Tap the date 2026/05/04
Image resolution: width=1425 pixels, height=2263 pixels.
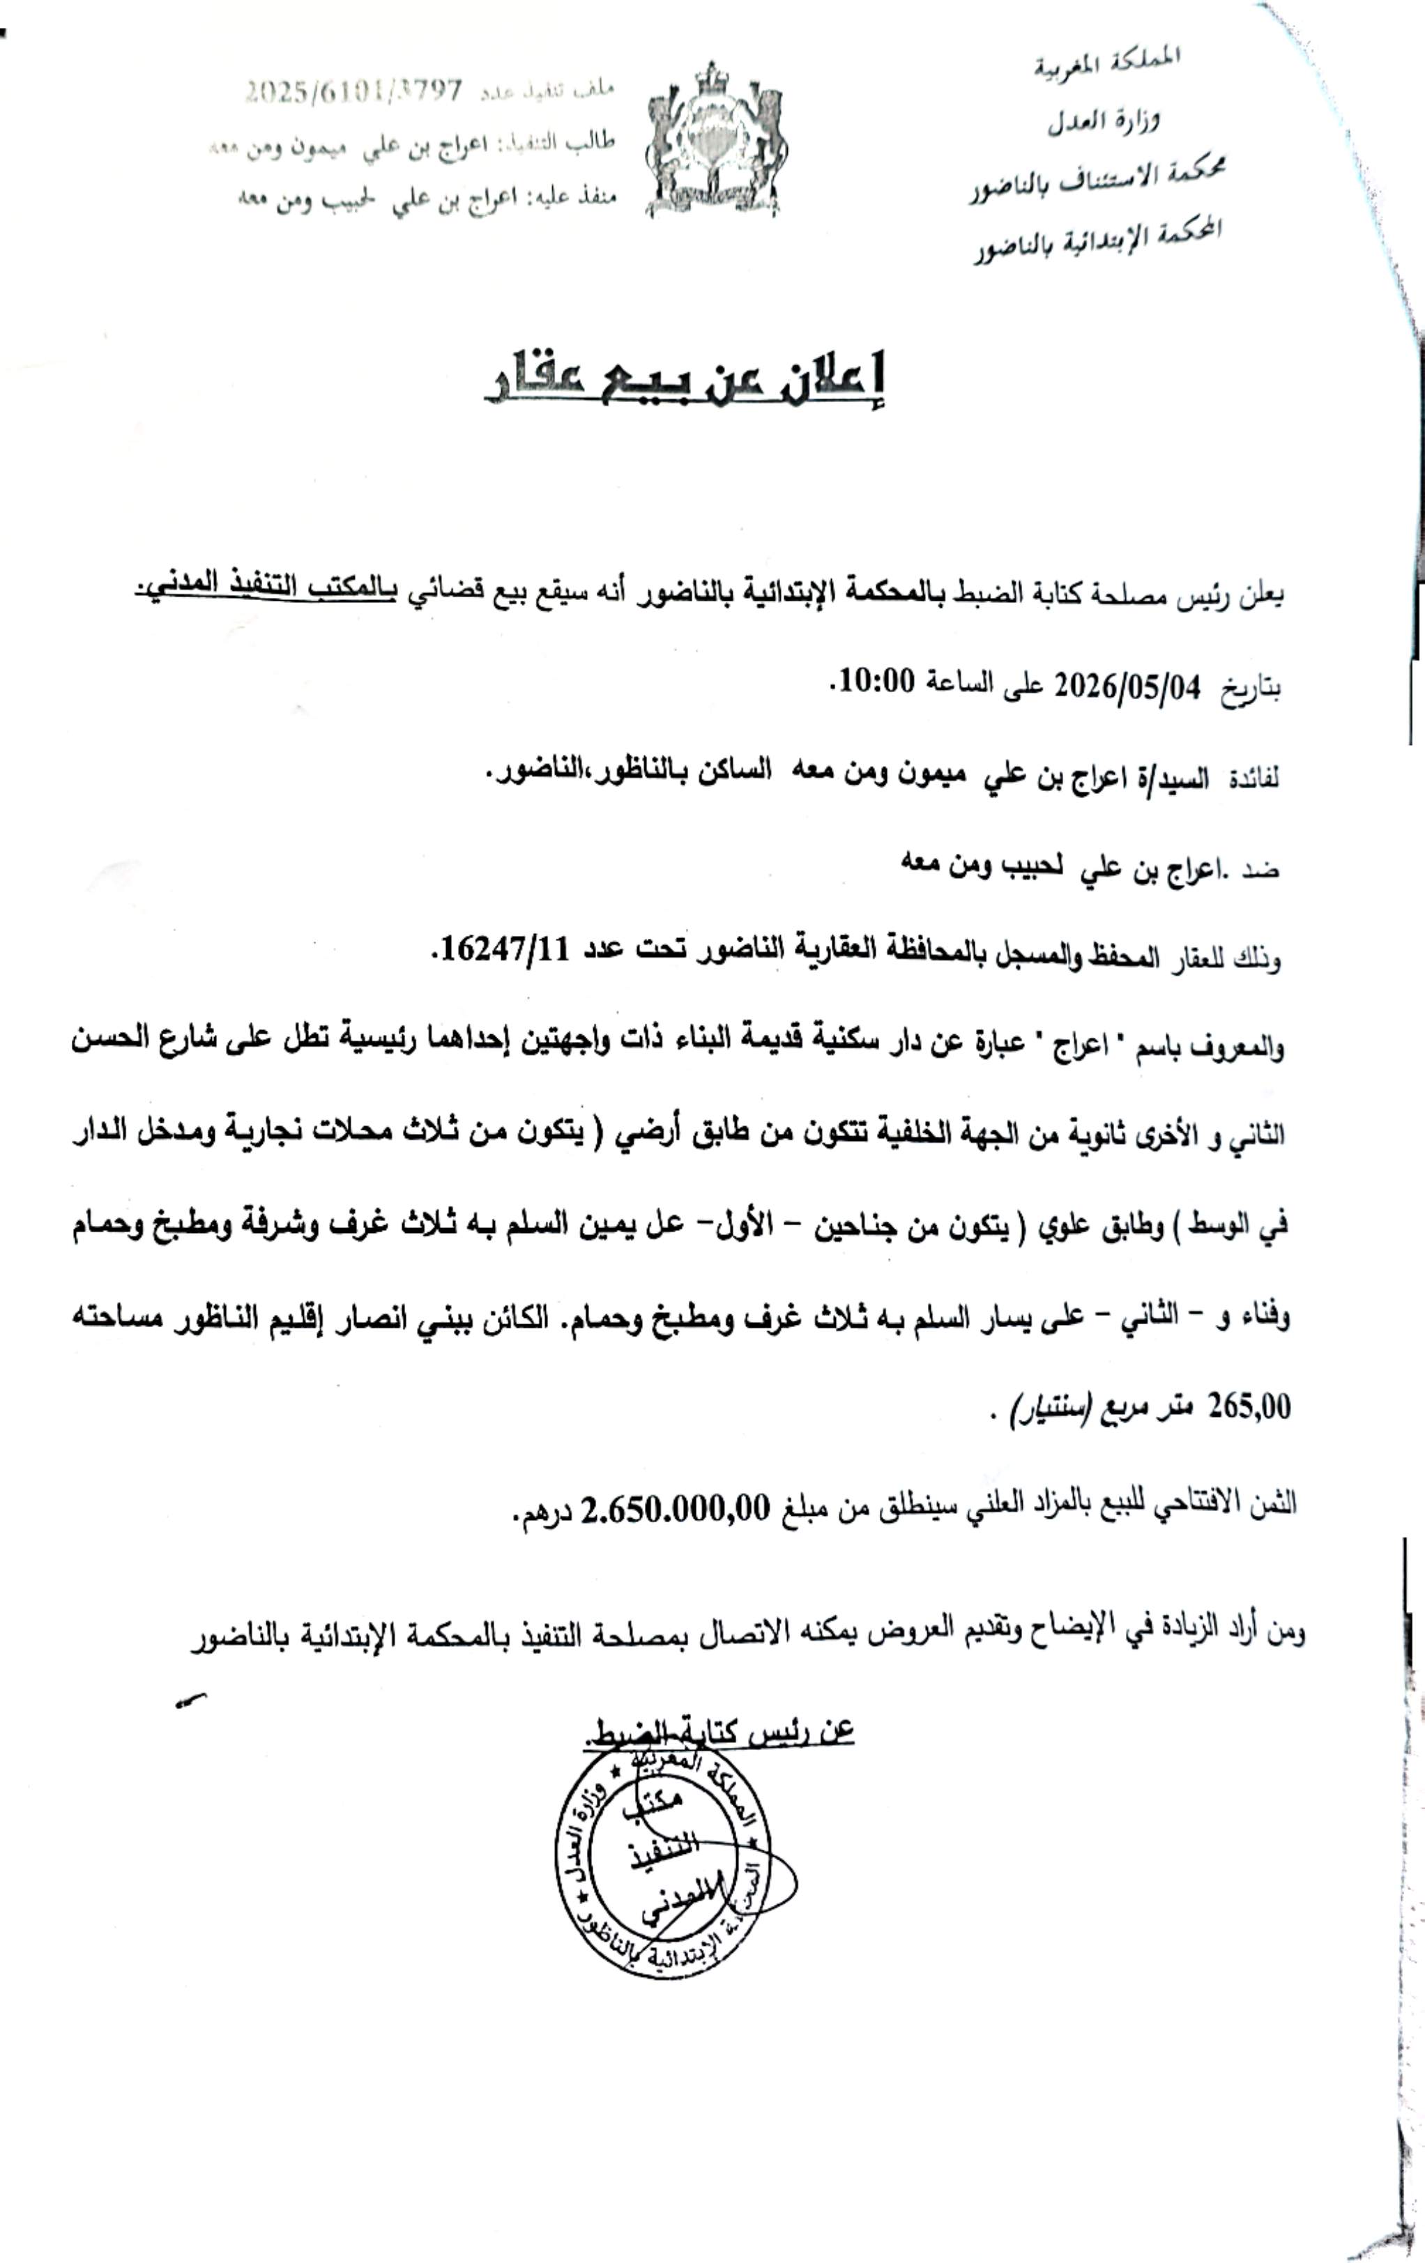(x=1127, y=686)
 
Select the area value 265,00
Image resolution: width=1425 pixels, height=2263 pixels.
(x=1249, y=1407)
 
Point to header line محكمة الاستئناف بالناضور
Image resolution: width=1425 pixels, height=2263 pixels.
(x=1098, y=178)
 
